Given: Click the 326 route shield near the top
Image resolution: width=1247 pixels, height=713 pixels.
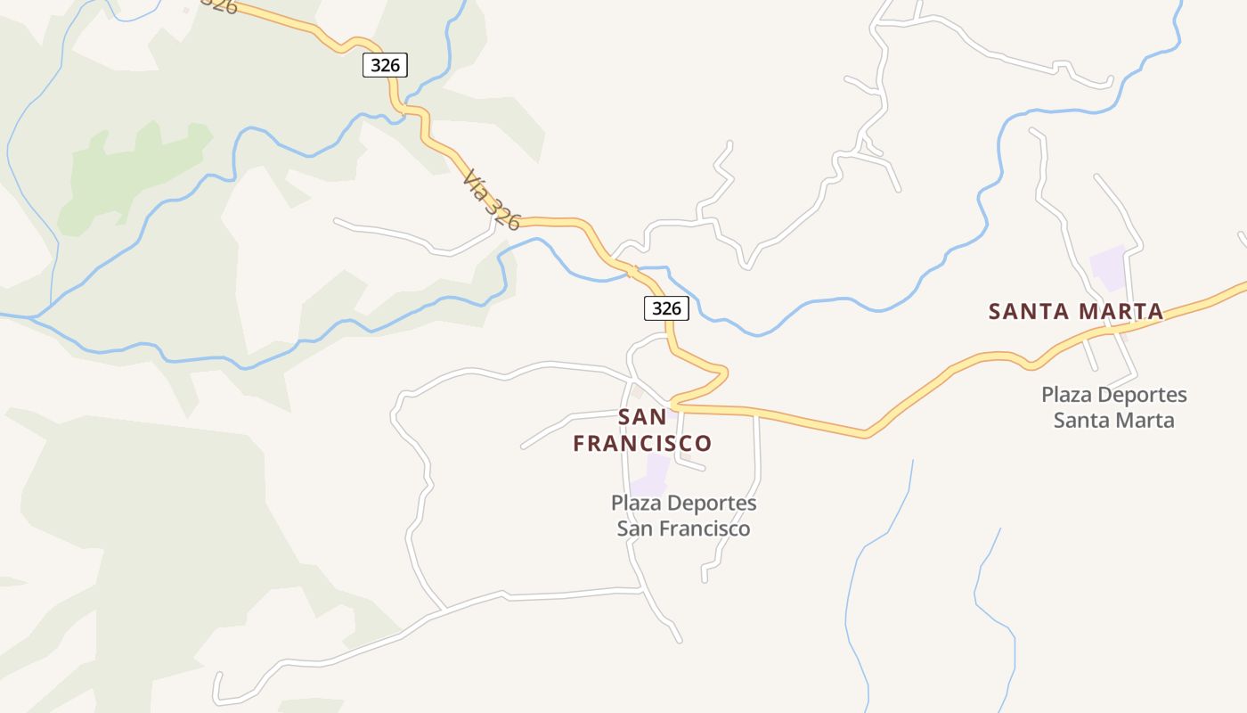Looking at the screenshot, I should [x=385, y=64].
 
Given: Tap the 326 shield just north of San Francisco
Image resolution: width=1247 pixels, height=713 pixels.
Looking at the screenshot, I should [x=666, y=308].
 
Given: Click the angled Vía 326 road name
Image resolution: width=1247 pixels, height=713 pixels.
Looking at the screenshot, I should [x=491, y=200].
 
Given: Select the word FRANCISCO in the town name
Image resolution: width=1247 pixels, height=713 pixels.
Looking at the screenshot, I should [x=642, y=443].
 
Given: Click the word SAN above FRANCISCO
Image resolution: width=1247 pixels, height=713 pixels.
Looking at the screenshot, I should [x=642, y=417].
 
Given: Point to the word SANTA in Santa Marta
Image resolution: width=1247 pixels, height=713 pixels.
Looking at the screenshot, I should [x=1031, y=311].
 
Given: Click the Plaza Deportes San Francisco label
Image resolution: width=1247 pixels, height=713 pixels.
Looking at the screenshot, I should [x=684, y=515].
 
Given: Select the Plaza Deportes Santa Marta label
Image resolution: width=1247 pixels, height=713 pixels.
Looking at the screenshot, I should [x=1113, y=406].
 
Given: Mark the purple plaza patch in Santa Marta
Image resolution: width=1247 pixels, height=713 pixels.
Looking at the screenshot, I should [x=1109, y=267].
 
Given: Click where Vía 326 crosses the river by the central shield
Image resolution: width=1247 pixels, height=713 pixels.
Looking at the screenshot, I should [x=632, y=268].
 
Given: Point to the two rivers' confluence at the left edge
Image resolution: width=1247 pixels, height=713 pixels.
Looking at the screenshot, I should [x=31, y=316].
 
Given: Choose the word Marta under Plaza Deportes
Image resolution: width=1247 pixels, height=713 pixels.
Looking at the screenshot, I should [x=1145, y=419].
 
